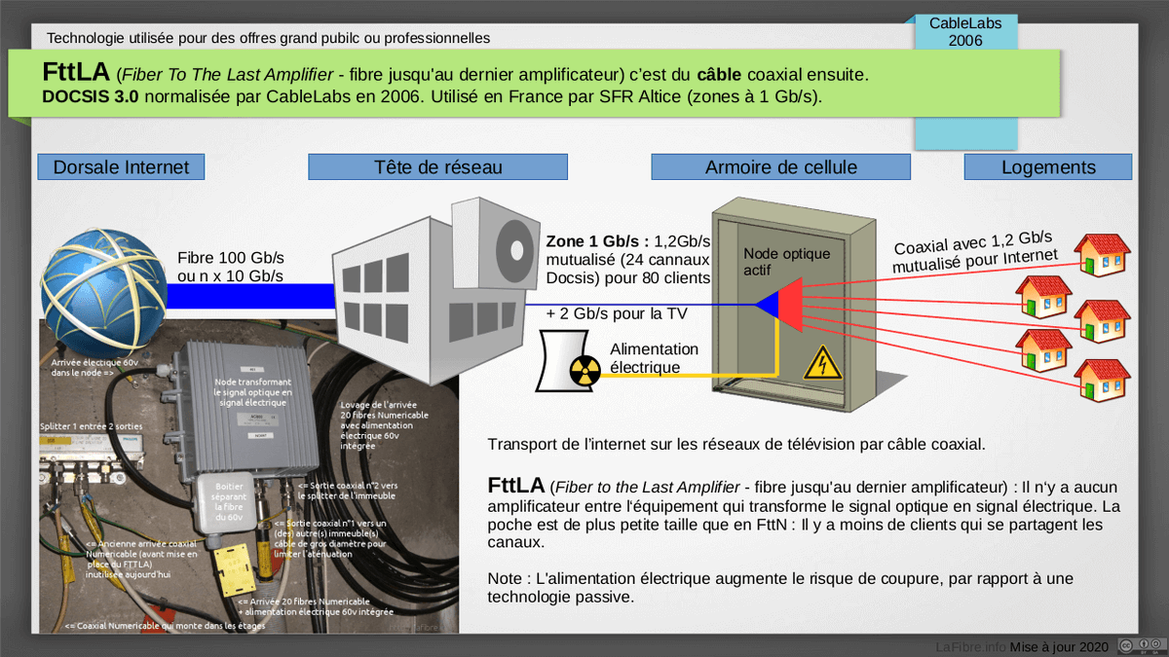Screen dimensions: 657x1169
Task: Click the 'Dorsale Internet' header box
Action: coord(121,166)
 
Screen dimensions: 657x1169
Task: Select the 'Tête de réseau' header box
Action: coord(437,166)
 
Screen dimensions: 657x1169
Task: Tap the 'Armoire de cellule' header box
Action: coord(780,166)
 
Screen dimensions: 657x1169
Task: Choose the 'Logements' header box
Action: coord(1048,166)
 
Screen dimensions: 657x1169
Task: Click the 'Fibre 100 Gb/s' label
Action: coord(230,258)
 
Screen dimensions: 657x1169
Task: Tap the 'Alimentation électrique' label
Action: coord(654,359)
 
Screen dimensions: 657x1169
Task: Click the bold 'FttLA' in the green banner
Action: coord(76,73)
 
